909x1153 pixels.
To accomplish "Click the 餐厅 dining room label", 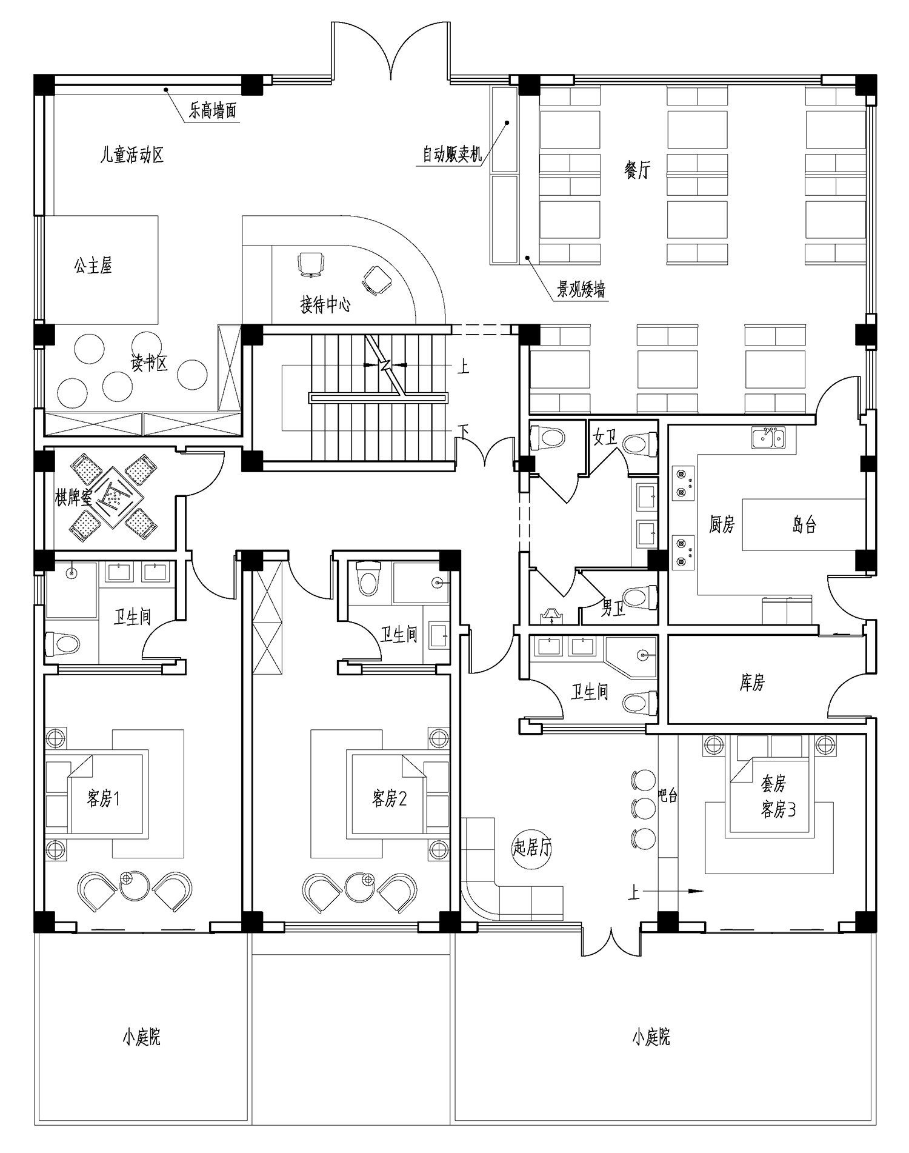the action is [x=636, y=170].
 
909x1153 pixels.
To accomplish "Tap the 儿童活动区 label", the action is [x=132, y=155].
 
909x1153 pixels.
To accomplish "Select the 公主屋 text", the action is [x=93, y=266].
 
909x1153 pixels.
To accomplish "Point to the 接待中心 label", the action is [x=325, y=304].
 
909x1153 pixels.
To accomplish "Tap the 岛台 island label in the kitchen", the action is [x=804, y=524].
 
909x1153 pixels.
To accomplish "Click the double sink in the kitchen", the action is [x=768, y=438].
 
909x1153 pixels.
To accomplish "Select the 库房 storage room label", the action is [x=752, y=683].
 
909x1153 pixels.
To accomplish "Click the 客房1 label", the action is [x=104, y=798].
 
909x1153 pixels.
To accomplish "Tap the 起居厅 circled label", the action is [x=532, y=847].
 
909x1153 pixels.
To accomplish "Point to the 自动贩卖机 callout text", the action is [x=452, y=155].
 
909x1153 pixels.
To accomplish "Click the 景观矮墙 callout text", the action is [x=582, y=290].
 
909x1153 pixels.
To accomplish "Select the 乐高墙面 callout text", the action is [x=212, y=111].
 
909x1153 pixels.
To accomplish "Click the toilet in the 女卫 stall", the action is [x=641, y=443].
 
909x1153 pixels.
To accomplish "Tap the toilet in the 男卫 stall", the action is [x=641, y=597].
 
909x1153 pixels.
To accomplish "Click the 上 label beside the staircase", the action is [x=463, y=367].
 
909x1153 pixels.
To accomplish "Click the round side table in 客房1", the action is [x=134, y=886].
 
